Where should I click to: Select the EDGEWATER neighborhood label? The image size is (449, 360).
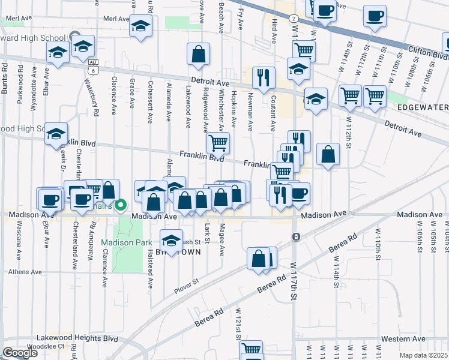[x=423, y=107]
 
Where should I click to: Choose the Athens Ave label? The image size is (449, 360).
[x=25, y=272]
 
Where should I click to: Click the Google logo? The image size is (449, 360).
[x=20, y=353]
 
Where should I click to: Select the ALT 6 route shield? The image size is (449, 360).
[x=93, y=65]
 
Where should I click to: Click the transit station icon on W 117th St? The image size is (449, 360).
[x=296, y=236]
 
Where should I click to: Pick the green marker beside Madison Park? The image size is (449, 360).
[x=120, y=206]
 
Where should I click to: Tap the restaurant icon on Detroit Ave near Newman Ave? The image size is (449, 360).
[x=263, y=77]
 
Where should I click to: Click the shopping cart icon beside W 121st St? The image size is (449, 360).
[x=251, y=350]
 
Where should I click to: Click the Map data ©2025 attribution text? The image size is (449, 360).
[x=423, y=355]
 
